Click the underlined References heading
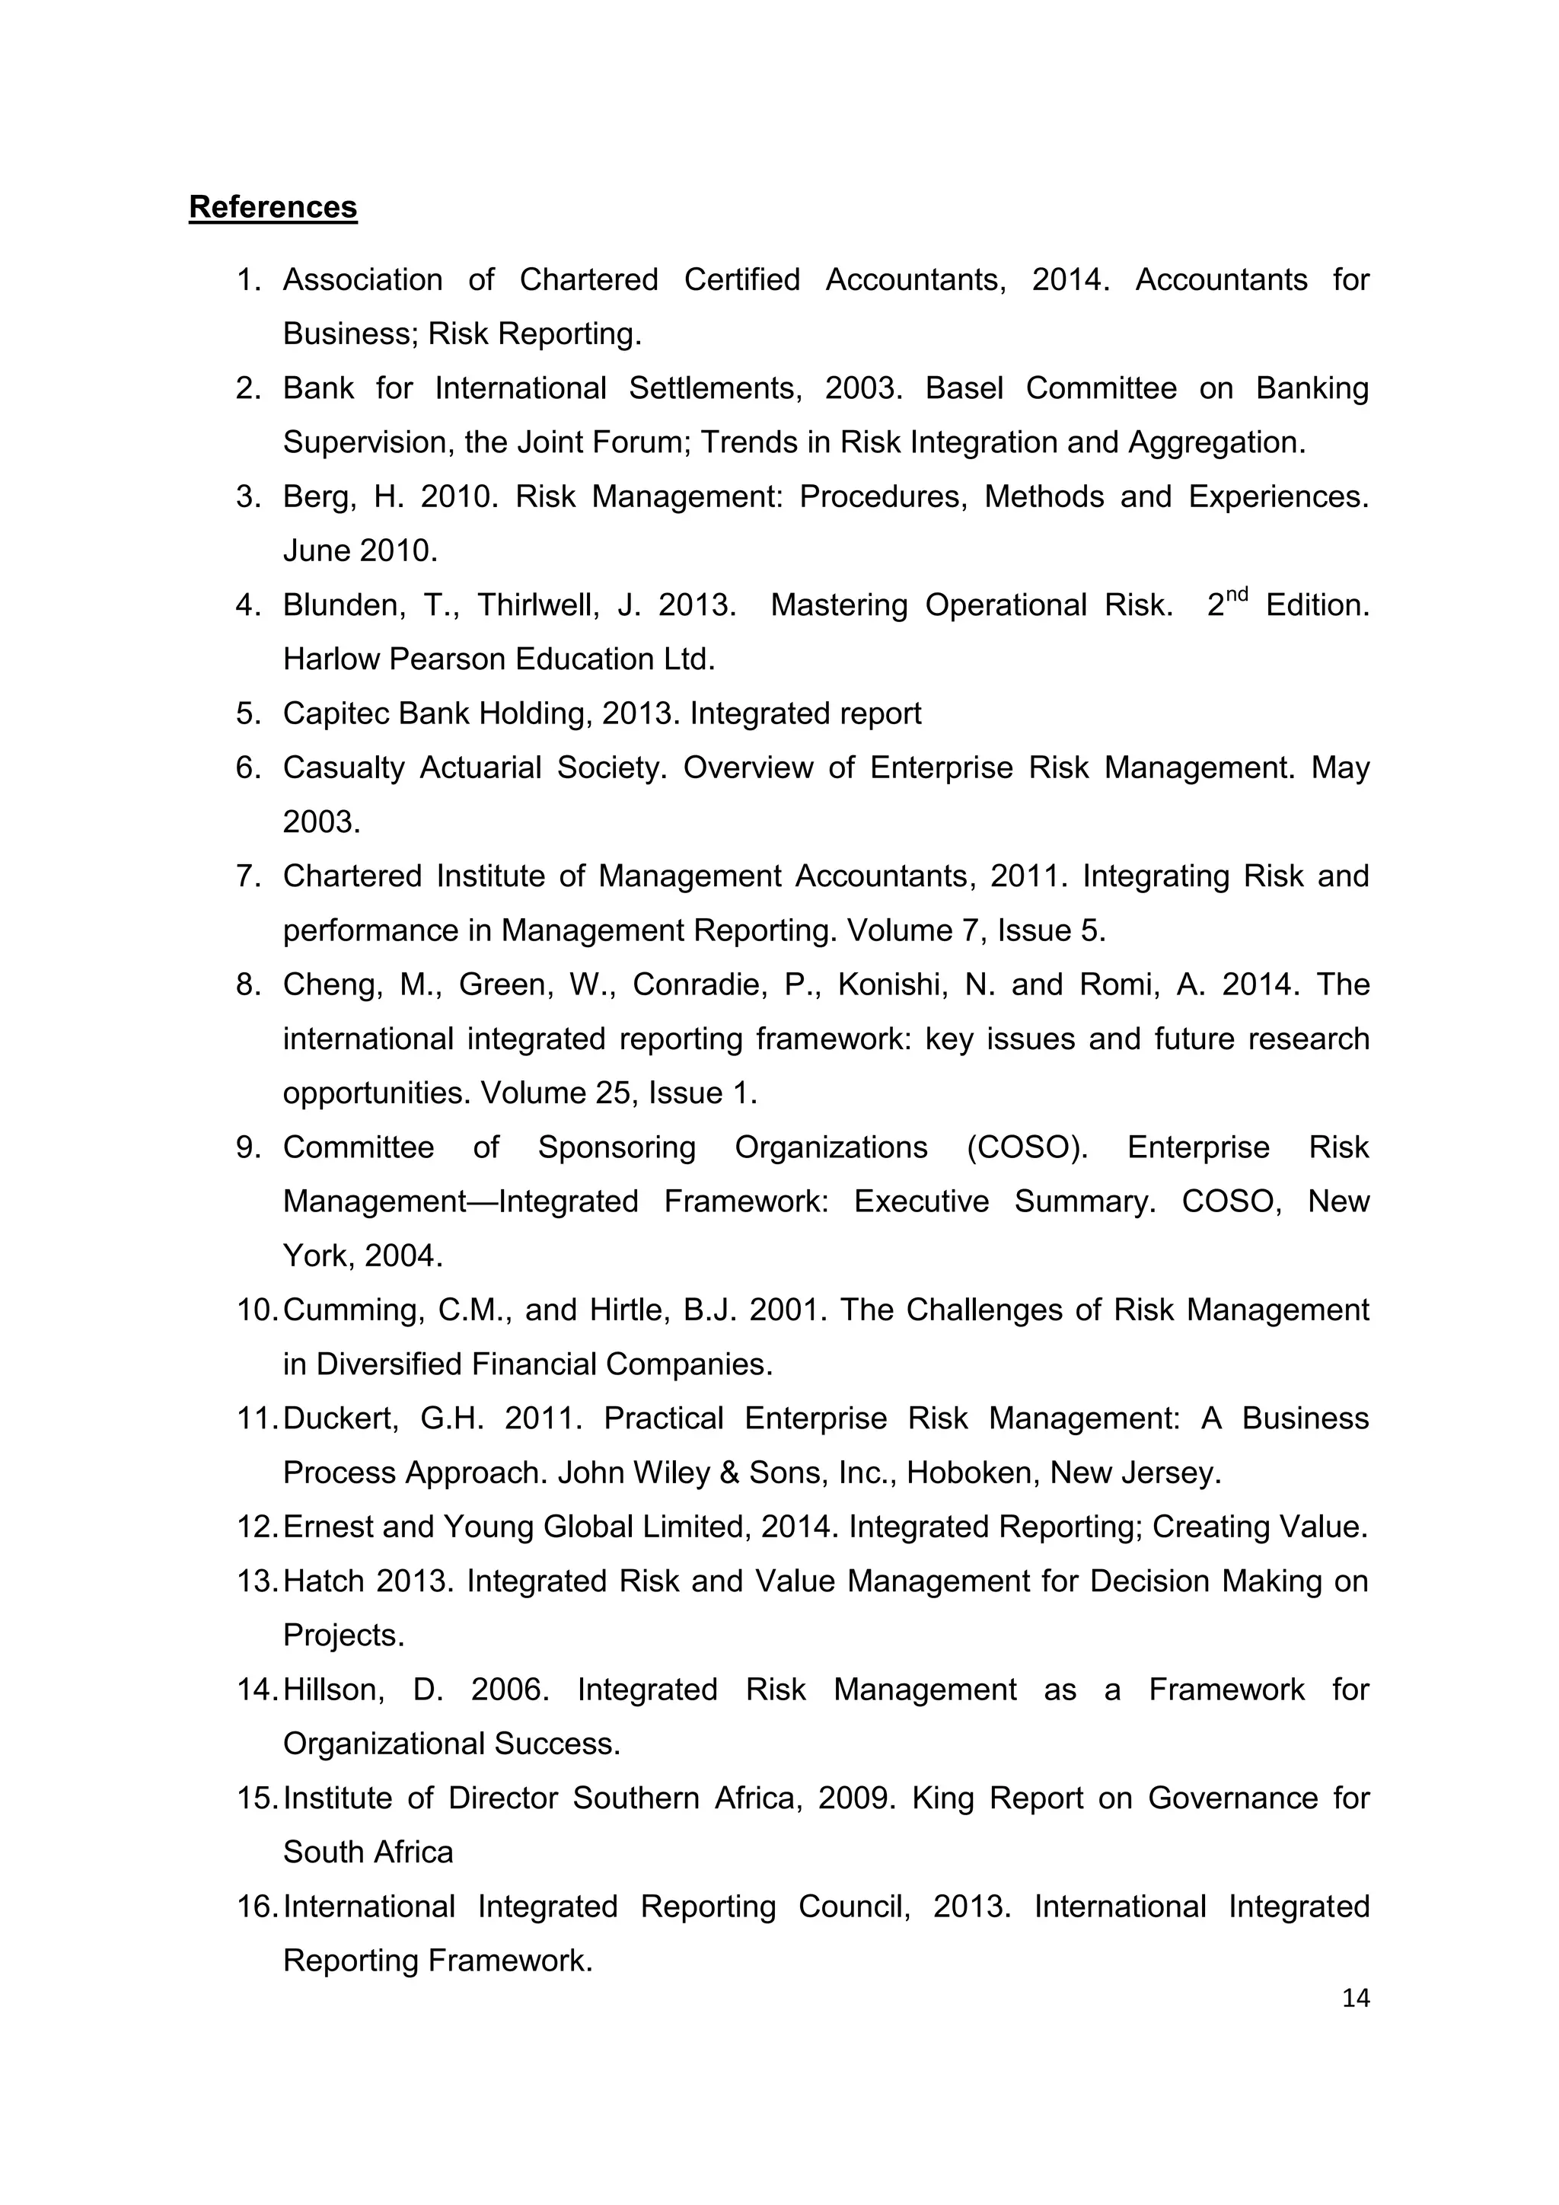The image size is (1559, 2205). click(x=273, y=207)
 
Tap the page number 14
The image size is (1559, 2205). click(x=1356, y=1999)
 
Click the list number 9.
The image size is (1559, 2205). click(x=249, y=1147)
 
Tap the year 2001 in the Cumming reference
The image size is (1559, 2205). click(x=787, y=1310)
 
